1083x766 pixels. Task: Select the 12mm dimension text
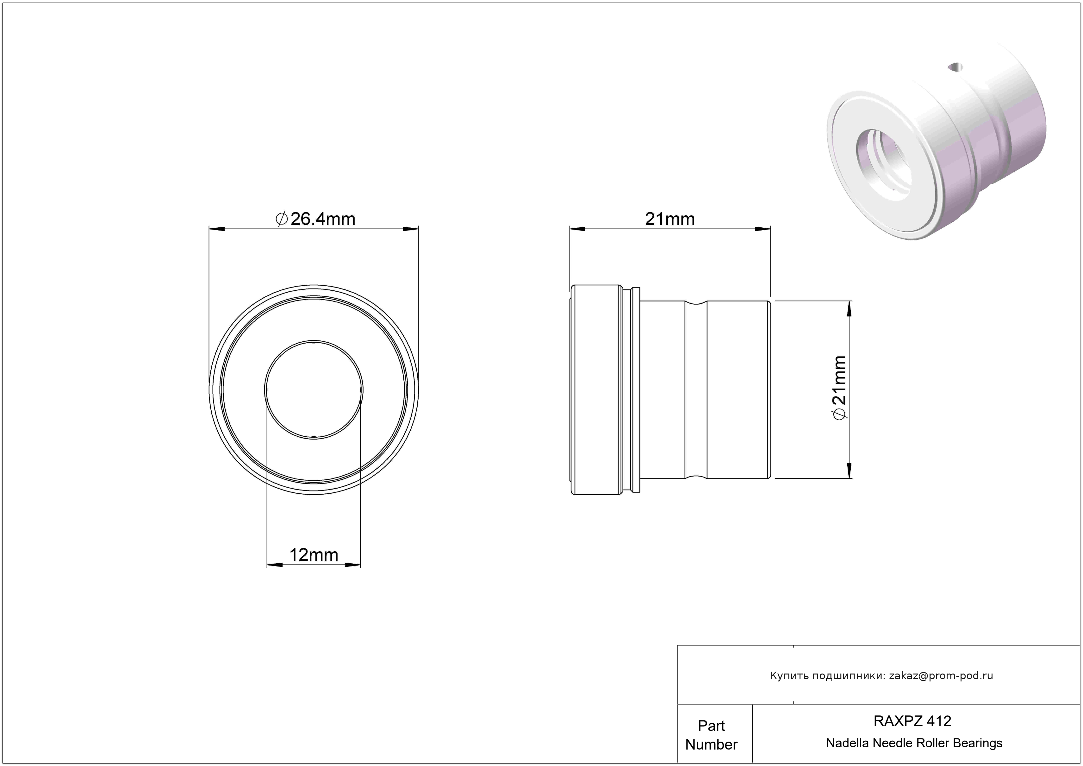point(314,555)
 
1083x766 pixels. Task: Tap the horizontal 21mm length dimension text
point(670,219)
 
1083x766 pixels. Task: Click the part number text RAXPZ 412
point(912,721)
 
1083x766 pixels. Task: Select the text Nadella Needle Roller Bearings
point(914,743)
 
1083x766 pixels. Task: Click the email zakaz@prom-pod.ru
point(941,676)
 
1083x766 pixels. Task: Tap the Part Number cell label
point(711,735)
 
